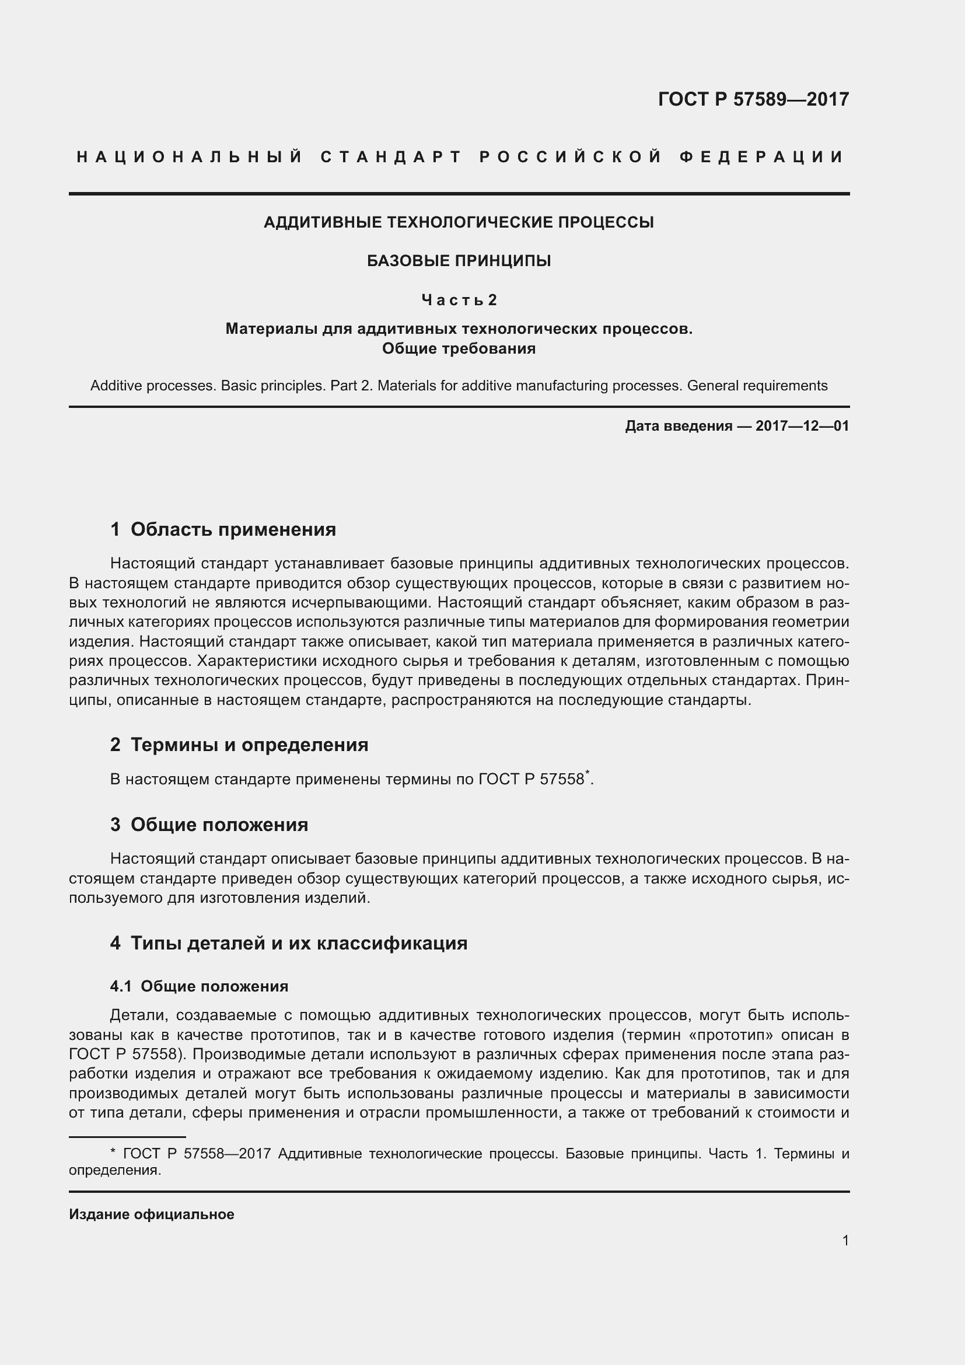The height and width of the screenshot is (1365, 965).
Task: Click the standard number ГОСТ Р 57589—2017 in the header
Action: [753, 99]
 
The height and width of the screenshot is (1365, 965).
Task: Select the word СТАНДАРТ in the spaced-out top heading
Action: [391, 157]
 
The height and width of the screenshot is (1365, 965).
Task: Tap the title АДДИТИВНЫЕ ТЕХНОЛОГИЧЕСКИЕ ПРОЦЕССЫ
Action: [458, 222]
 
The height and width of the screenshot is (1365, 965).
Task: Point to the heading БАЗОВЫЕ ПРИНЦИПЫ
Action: [458, 261]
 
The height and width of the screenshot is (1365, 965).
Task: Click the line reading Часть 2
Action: [458, 300]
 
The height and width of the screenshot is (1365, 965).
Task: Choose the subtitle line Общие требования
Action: [458, 348]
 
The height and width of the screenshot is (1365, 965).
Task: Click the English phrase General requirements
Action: [757, 386]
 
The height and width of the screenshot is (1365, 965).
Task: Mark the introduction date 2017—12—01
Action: [802, 425]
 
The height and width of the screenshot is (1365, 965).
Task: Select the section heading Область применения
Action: [233, 529]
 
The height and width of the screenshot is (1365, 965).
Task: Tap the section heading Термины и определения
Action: [249, 744]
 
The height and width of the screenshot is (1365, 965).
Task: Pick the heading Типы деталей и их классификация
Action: [298, 943]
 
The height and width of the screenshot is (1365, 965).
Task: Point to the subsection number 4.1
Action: [121, 986]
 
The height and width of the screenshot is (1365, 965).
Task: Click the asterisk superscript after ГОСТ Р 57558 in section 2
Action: [587, 772]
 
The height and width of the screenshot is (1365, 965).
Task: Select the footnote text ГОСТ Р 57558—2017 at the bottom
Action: [197, 1154]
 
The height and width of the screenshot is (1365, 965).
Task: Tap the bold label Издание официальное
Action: [152, 1214]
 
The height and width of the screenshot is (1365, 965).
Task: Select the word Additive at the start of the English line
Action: [116, 386]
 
